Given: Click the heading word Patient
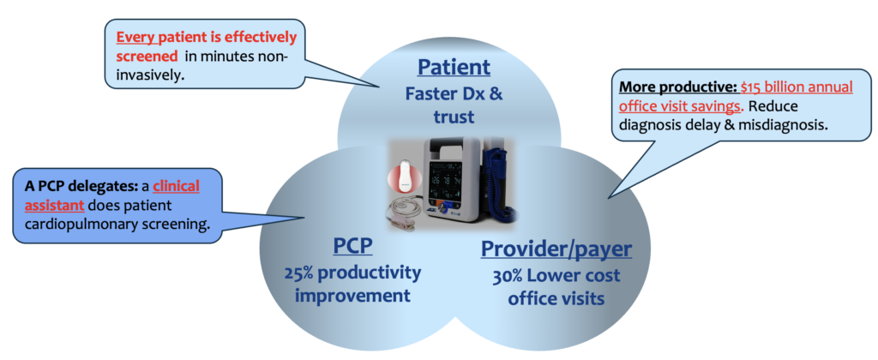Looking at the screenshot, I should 454,67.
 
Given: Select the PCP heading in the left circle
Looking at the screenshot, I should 352,248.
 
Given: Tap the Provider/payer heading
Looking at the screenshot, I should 556,249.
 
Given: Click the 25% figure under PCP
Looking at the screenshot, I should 300,273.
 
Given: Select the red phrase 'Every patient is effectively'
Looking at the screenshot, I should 207,37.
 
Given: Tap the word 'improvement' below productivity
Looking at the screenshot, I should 353,296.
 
